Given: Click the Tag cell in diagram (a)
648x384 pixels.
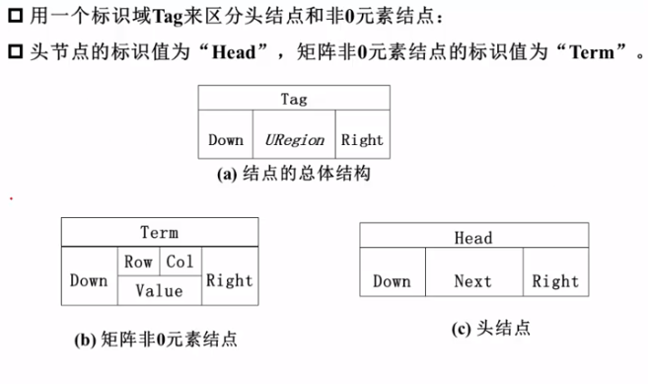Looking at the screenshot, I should coord(293,99).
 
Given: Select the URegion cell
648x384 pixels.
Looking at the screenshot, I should coord(295,140).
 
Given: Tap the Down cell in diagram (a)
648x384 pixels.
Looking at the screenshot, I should coord(225,140).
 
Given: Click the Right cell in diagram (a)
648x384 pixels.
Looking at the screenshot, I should coord(361,140).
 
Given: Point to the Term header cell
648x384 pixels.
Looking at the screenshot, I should coord(159,233).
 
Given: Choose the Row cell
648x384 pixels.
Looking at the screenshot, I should coord(137,262).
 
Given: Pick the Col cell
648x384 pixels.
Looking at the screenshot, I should coord(180,262).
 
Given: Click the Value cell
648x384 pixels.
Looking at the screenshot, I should coord(159,290).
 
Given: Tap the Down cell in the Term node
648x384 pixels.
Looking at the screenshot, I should coord(89,280).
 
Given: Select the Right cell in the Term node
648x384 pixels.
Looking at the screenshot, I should coord(229,280).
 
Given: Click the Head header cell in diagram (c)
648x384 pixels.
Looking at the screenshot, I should coord(473,238).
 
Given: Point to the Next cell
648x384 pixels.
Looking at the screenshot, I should coord(472,281).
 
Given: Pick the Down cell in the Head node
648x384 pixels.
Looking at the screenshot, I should coord(392,281).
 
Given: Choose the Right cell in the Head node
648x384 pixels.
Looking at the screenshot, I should coord(555,281).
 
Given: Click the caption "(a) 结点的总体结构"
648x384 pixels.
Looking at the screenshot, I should coord(294,175).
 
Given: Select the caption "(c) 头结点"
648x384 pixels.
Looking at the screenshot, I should coord(490,328).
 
